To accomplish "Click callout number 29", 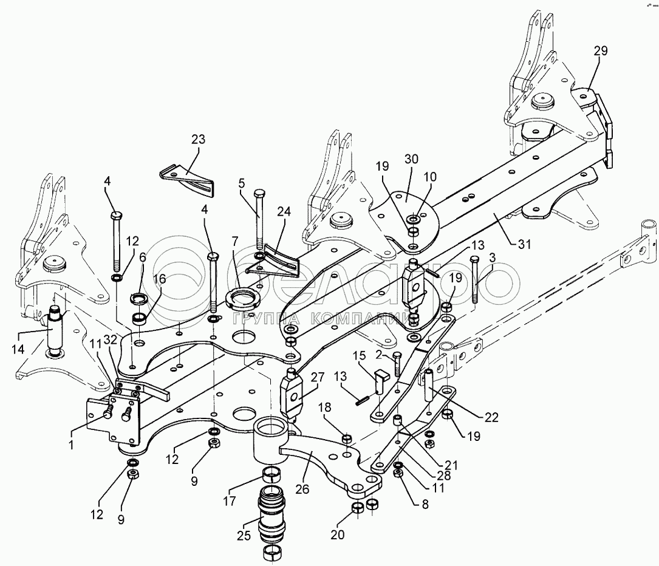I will pyautogui.click(x=600, y=51).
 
